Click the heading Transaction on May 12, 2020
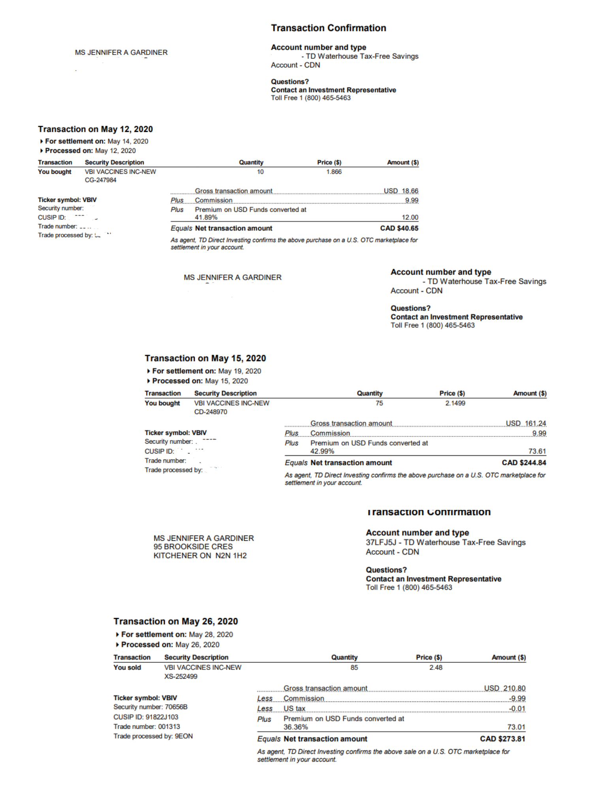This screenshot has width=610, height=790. [x=95, y=129]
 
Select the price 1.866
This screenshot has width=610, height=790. [x=334, y=172]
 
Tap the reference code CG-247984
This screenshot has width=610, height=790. [x=101, y=180]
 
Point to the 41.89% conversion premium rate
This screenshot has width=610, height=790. [x=206, y=217]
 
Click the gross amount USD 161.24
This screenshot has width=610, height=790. [x=526, y=423]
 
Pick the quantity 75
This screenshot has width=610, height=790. [x=379, y=403]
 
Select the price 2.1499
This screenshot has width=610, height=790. [x=455, y=403]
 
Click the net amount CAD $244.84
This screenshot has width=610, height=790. [x=524, y=463]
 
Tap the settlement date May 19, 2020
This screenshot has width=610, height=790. [x=239, y=371]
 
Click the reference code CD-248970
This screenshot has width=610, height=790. [x=210, y=412]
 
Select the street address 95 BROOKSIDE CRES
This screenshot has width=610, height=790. [x=193, y=547]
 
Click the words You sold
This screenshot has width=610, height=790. [x=127, y=667]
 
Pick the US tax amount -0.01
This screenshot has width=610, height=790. [x=517, y=709]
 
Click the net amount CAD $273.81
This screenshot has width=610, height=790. [x=502, y=739]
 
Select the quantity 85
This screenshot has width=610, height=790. [x=354, y=667]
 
